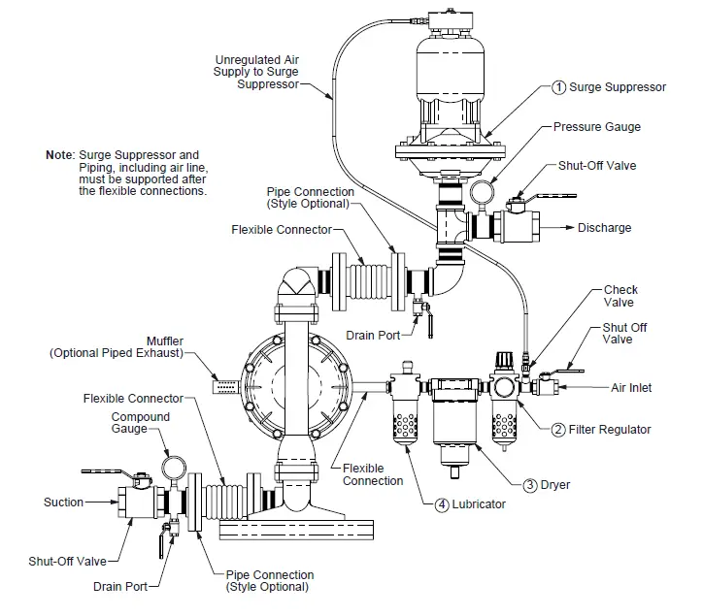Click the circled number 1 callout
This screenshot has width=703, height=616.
558,87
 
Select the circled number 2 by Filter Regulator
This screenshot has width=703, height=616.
558,429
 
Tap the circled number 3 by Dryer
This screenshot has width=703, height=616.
530,485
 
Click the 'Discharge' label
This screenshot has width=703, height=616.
604,228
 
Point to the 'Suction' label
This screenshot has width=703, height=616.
63,503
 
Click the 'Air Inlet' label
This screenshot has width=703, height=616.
631,387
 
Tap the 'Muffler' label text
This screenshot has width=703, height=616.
165,340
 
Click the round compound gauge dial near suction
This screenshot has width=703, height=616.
175,467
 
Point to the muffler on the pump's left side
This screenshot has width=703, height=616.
225,386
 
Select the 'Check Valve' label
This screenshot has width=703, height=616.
620,296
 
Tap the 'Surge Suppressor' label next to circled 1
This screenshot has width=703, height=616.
618,87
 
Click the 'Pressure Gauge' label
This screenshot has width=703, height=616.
596,127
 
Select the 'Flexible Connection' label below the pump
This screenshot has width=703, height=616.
372,474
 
